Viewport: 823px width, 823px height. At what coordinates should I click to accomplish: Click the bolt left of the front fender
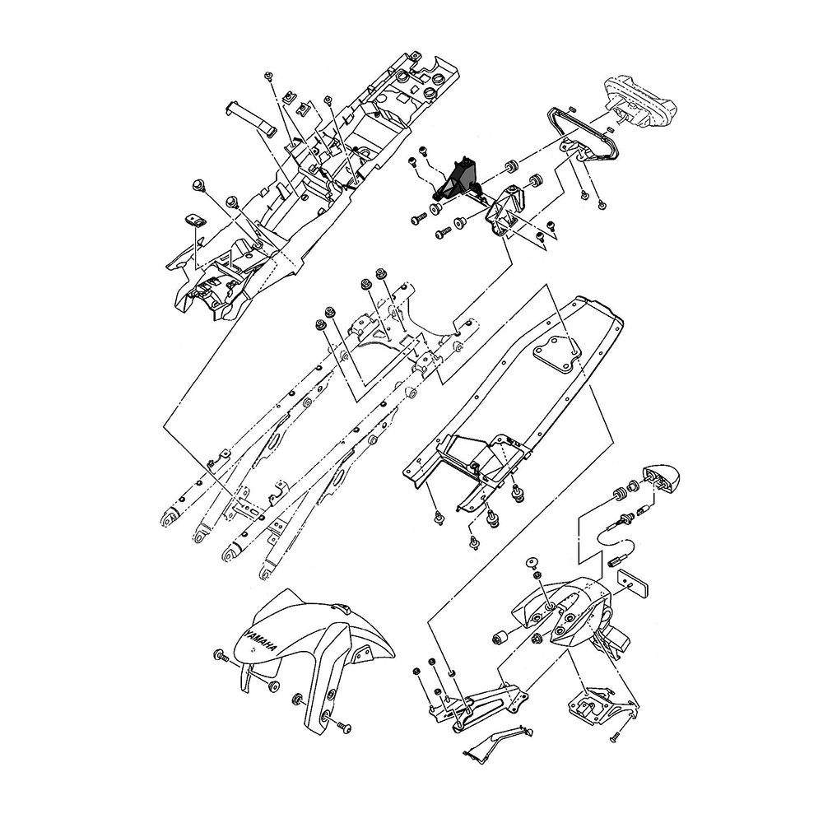221,655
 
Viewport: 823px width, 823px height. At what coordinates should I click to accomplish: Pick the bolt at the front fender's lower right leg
344,727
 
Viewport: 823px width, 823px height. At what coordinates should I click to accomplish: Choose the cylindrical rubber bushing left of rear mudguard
500,636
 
